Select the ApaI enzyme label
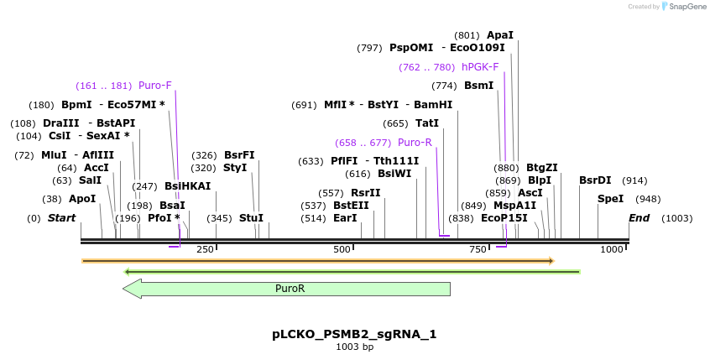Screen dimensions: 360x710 pos(500,35)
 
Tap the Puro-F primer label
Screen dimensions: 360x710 pos(155,85)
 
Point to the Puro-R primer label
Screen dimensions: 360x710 pos(415,143)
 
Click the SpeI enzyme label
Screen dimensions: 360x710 pos(610,199)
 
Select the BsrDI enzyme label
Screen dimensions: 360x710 pos(595,180)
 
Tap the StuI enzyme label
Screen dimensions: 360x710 pos(251,218)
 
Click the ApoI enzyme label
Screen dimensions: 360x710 pos(82,199)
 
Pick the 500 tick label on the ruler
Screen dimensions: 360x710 pos(342,249)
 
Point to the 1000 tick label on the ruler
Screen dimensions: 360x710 pos(612,249)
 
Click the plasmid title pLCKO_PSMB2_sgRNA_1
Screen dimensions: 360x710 pos(354,334)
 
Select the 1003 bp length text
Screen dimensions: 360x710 pos(354,347)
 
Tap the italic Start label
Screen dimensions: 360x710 pos(61,218)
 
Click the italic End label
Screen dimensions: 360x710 pos(640,218)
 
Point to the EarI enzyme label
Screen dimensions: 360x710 pos(345,218)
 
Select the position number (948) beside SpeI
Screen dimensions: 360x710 pos(648,199)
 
